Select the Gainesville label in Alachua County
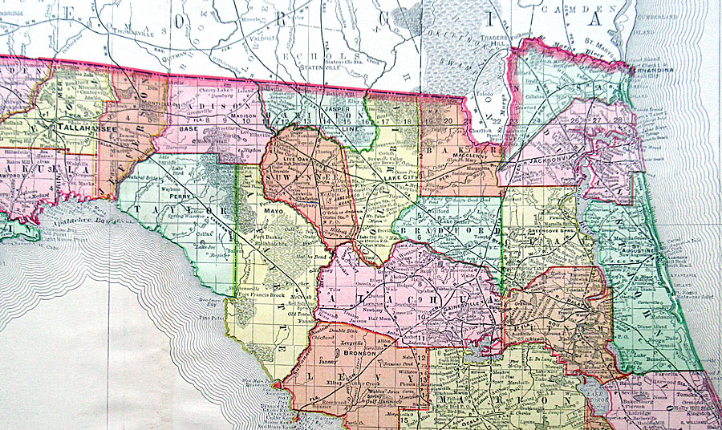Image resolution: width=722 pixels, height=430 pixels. pyautogui.click(x=464, y=306)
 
